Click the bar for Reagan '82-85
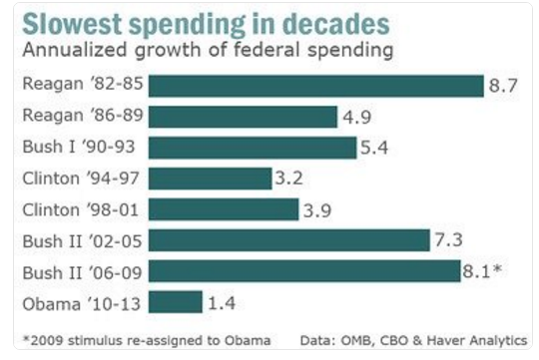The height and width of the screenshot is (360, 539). coord(319,86)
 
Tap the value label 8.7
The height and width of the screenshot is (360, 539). coord(500,87)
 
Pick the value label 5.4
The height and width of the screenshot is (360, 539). coord(376,148)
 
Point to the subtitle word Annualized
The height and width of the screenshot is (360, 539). coord(71,49)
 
